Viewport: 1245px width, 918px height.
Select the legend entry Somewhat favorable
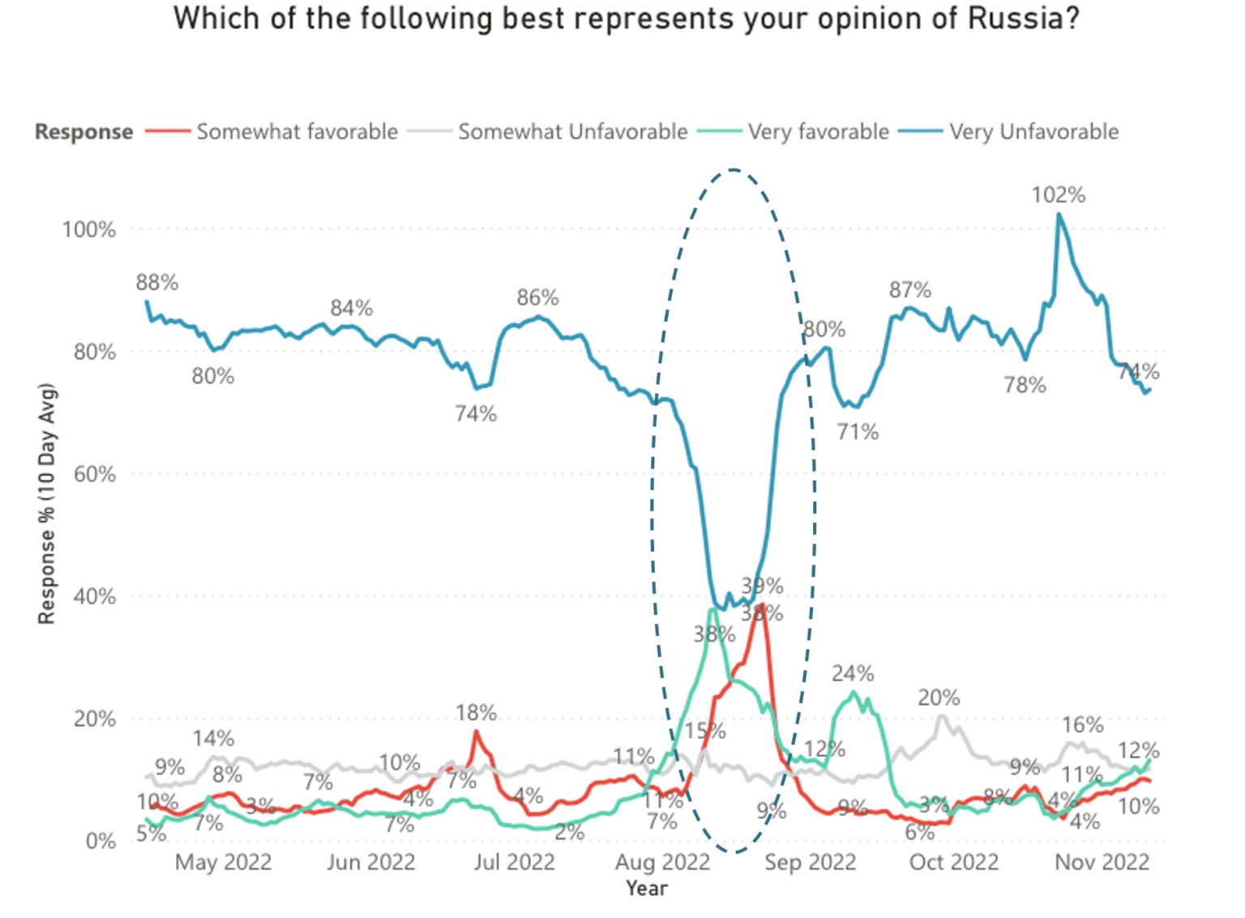pos(297,131)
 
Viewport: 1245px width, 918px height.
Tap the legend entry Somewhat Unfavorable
pos(572,131)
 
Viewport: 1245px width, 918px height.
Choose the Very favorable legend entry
pos(818,131)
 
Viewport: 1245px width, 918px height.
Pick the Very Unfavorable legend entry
pos(1033,131)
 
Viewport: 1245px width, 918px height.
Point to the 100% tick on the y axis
pos(89,229)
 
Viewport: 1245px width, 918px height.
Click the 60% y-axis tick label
pos(94,474)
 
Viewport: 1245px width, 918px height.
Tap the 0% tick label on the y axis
pos(101,841)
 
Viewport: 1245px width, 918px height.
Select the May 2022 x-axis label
pos(223,862)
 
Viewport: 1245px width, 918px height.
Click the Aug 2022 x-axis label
pos(662,862)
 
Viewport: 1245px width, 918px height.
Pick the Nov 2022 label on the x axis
pos(1102,862)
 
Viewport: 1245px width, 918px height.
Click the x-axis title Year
pos(646,889)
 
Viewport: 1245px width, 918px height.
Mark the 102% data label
pos(1058,195)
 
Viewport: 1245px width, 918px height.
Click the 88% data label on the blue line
pos(156,283)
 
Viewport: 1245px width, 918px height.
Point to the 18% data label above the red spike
pos(476,713)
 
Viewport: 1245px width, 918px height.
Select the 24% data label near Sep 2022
pos(853,674)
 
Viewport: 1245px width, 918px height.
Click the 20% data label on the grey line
pos(939,698)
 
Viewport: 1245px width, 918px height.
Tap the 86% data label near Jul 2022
pos(537,298)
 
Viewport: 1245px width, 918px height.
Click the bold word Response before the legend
pos(83,132)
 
